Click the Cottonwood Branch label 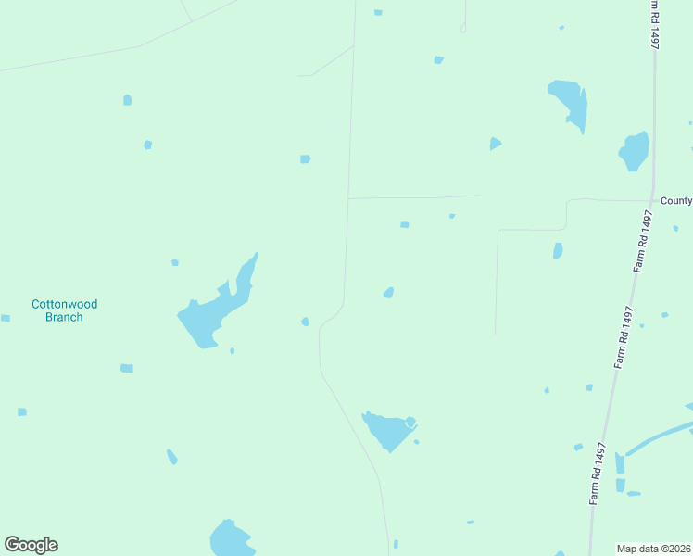click(x=64, y=310)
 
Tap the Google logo click(x=31, y=545)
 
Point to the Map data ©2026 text click(x=654, y=548)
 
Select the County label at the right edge click(x=675, y=200)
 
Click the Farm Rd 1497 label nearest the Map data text click(x=598, y=474)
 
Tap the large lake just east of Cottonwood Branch click(x=208, y=315)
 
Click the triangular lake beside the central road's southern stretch click(x=388, y=430)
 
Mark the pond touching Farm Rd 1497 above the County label click(x=635, y=151)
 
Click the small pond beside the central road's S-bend click(x=305, y=322)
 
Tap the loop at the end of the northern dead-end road click(x=463, y=28)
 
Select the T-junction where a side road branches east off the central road click(x=347, y=198)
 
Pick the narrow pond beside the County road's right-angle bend click(x=558, y=251)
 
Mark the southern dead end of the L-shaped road click(x=495, y=334)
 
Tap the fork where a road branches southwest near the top click(x=353, y=46)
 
